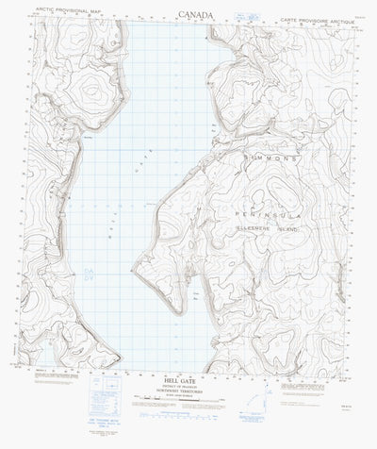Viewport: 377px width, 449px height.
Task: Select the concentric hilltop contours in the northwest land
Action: coord(90,91)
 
